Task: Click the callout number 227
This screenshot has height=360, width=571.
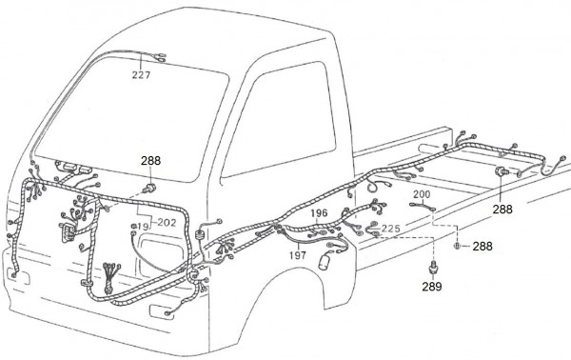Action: click(141, 75)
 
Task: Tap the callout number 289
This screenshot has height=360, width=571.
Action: click(432, 287)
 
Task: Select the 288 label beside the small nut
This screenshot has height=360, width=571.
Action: click(482, 247)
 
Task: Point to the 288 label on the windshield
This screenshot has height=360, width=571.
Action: click(150, 161)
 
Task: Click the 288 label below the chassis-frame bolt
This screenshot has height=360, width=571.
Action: click(502, 210)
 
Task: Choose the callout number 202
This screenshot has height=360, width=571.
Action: click(167, 222)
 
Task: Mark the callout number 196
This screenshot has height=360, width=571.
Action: click(319, 212)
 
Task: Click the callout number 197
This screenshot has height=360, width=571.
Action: click(298, 255)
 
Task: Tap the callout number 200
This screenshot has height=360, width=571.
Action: click(422, 194)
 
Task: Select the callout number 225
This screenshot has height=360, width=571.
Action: click(391, 229)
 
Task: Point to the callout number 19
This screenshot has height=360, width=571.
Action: click(144, 227)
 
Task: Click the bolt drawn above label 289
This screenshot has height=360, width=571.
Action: click(433, 268)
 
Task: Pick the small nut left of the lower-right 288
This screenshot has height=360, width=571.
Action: click(457, 246)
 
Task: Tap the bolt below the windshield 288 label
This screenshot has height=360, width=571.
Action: click(149, 189)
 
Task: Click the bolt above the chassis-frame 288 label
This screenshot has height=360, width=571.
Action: click(501, 170)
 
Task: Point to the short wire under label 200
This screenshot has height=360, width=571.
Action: click(423, 207)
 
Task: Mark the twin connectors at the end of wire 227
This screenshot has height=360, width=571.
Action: click(160, 57)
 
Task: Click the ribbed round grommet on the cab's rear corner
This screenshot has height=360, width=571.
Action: click(200, 234)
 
